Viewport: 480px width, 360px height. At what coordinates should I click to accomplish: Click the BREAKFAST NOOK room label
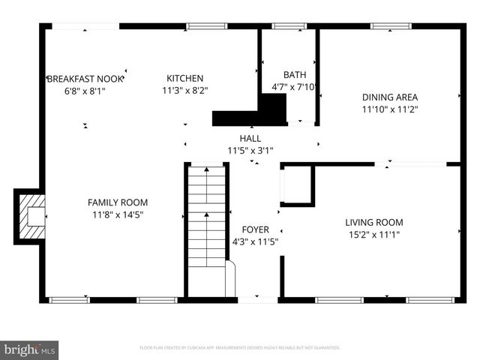85,78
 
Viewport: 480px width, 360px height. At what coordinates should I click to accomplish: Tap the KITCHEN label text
184,78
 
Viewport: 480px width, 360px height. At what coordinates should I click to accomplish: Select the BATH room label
294,74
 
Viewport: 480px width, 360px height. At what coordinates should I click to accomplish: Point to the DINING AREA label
390,97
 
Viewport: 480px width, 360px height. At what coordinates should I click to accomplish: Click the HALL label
250,139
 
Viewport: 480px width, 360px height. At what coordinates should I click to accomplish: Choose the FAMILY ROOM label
118,202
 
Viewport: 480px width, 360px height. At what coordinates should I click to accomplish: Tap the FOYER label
255,229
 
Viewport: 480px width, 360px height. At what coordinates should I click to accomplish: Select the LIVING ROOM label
373,222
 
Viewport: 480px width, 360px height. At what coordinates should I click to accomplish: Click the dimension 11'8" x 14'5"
118,215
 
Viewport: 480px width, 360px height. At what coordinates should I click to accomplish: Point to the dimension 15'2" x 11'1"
373,235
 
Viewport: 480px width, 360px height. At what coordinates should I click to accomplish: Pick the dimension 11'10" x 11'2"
390,109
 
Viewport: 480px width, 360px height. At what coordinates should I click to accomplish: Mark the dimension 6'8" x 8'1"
85,91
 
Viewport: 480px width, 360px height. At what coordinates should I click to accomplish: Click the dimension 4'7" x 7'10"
294,87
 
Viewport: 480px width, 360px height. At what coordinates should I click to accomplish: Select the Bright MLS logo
29,349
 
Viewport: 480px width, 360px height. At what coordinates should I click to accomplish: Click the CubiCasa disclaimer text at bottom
240,348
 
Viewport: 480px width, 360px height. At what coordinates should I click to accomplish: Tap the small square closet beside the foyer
297,185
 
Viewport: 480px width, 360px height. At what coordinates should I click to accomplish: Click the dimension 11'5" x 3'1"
250,151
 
